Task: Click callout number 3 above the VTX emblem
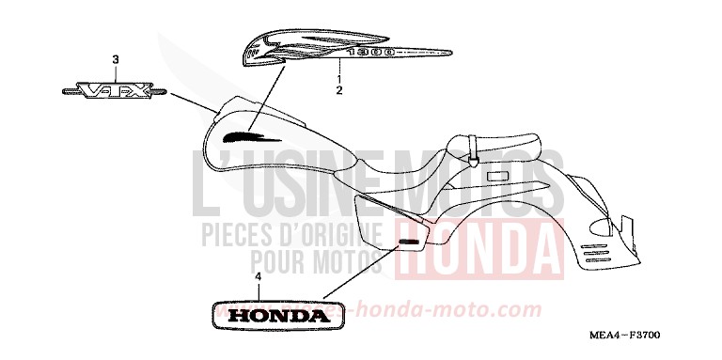coord(116,60)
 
